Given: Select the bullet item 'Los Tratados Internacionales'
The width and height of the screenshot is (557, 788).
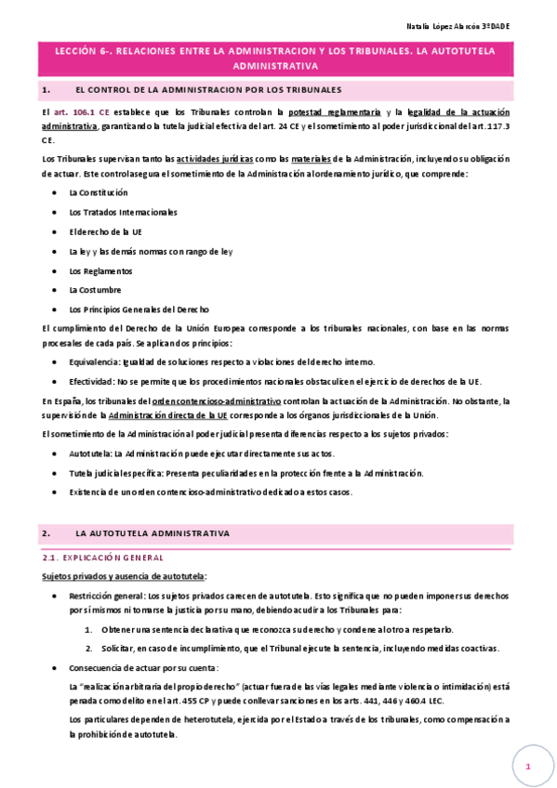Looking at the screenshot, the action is [123, 212].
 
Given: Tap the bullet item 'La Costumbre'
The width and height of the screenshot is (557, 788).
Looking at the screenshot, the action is [95, 290].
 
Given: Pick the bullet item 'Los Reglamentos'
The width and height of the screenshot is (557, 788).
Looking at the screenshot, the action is [100, 270].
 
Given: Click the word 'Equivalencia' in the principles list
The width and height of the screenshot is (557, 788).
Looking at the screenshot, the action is [94, 361].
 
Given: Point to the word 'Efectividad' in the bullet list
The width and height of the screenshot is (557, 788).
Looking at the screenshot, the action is [92, 381].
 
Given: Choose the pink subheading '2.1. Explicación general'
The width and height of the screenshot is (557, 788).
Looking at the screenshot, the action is [103, 558].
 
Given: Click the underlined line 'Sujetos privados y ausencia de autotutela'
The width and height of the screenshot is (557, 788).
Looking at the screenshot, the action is [125, 576].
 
